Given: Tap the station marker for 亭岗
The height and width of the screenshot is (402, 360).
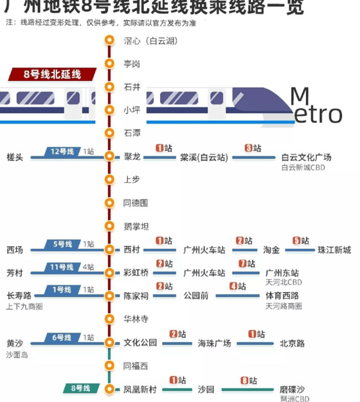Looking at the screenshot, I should tap(109, 64).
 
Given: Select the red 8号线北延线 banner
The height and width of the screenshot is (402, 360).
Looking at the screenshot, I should tap(52, 74).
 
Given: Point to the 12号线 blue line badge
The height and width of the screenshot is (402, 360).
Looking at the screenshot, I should tap(62, 152).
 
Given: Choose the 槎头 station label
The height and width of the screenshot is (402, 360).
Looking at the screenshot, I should tap(15, 157).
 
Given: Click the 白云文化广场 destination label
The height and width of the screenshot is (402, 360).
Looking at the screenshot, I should tap(306, 157).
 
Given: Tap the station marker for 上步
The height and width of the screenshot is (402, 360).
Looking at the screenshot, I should tap(109, 179).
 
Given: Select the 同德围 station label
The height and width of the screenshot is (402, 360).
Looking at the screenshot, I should tap(135, 203).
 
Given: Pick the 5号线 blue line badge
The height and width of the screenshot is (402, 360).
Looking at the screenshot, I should tap(62, 244).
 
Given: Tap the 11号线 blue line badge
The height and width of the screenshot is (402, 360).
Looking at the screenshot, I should tap(62, 267).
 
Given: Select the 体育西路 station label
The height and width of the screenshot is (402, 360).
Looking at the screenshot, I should tap(282, 296).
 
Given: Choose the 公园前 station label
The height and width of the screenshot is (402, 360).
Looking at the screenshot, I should tap(196, 296).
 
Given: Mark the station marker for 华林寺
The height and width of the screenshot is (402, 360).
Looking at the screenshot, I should tap(109, 319).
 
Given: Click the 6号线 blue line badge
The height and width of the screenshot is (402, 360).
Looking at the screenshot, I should tap(62, 337).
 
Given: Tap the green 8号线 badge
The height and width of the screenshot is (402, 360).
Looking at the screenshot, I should tap(81, 388).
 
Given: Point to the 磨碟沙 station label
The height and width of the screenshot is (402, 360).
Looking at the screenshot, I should tap(292, 389).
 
